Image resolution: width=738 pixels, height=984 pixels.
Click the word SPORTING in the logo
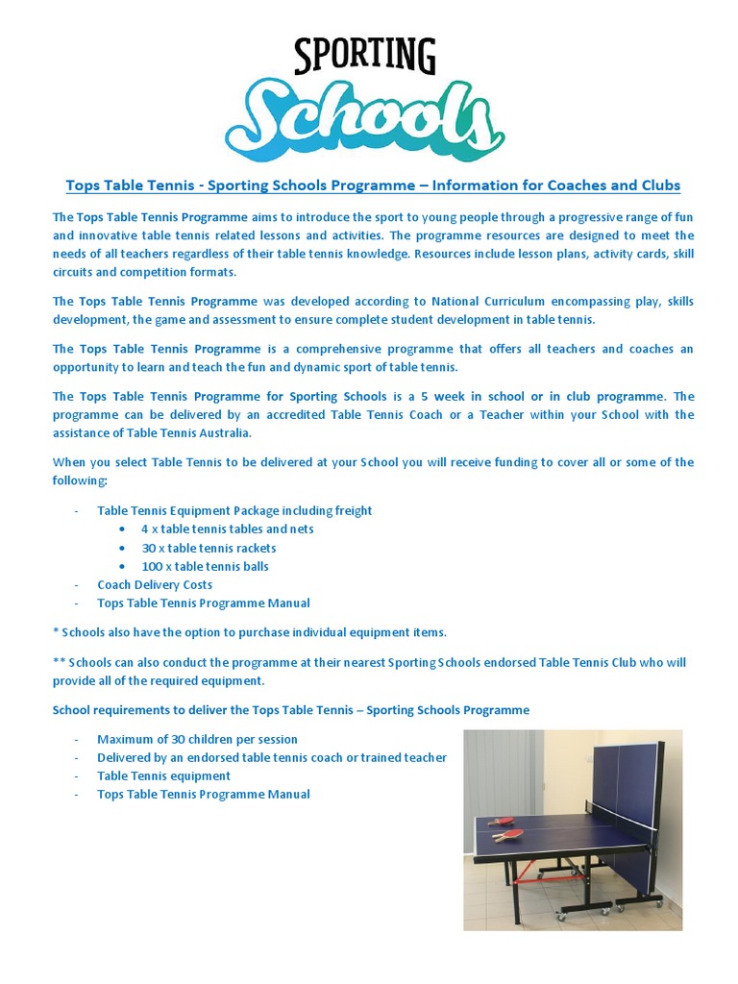coord(364,58)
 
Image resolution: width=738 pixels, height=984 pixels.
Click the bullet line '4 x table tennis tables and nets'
coord(227,529)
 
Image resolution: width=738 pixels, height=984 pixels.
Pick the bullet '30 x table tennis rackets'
coord(209,548)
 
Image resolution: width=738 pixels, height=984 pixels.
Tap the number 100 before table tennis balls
coord(152,567)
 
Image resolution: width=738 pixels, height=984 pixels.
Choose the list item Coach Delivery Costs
coord(155,585)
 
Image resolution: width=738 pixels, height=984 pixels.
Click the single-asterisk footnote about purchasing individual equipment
coord(250,632)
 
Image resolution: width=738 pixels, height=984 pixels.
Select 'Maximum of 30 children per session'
coord(197,740)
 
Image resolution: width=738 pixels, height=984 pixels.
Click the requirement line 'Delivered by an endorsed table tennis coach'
coord(271,758)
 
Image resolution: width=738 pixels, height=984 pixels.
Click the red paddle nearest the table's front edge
coord(507,834)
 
